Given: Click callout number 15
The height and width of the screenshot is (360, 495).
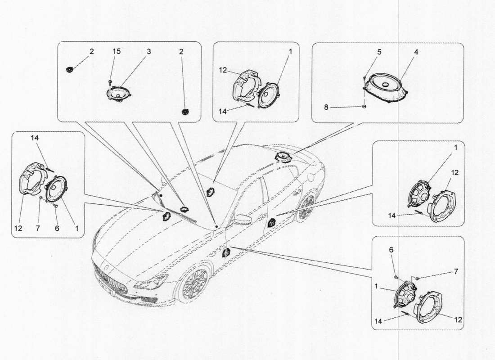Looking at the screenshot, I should coord(117,52).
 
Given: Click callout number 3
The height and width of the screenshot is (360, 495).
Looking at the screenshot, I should coord(148,52).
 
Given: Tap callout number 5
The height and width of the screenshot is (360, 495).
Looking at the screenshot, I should coord(379,52).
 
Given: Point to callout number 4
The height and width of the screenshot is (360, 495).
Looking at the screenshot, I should coord(416,52).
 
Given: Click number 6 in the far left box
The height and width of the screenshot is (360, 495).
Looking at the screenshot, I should coord(56,228).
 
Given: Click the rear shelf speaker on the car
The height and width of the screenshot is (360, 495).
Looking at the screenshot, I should coord(284,157).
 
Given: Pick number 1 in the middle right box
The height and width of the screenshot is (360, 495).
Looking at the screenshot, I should coord(456,147).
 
